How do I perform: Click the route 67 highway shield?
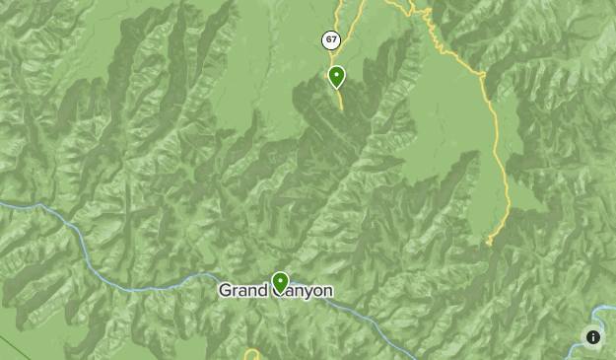point(331,40)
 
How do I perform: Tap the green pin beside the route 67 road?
point(337,77)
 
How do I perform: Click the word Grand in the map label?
point(242,291)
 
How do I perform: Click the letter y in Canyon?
point(303,293)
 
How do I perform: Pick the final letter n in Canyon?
point(327,291)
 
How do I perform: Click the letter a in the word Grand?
point(242,292)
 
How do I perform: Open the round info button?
point(593,337)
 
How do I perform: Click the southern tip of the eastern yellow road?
point(489,243)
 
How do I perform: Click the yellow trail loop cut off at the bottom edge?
point(252,354)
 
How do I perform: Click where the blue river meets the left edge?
point(2,203)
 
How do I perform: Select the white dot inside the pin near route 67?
point(337,74)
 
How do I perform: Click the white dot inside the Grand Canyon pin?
point(281,281)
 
